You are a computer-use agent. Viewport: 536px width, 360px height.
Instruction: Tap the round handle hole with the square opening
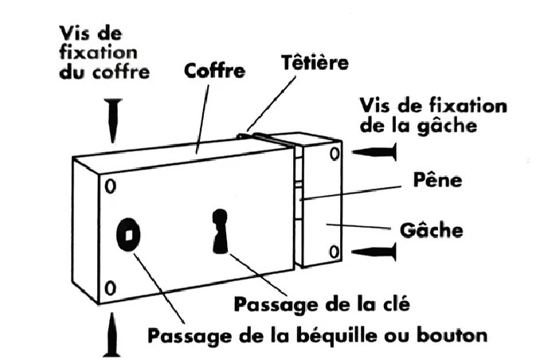(x=127, y=233)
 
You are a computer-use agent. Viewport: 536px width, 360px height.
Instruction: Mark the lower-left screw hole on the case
(x=110, y=286)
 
